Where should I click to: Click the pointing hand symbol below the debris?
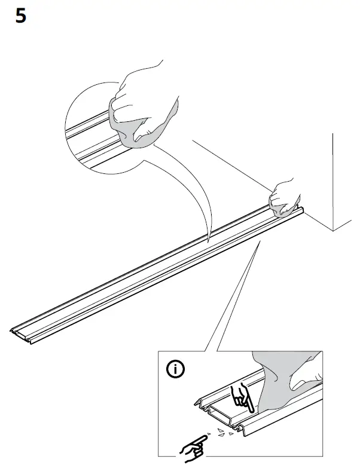194,445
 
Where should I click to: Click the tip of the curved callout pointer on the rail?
208,242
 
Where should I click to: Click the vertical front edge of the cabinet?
332,179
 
